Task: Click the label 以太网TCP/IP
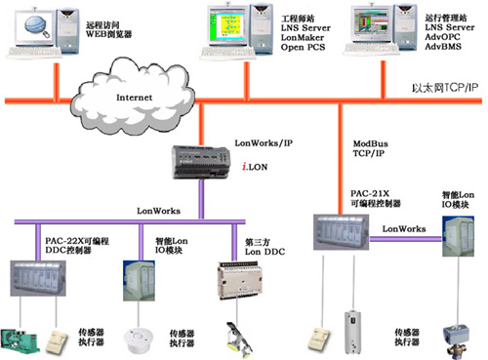click(443, 89)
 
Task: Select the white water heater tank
click(354, 330)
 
